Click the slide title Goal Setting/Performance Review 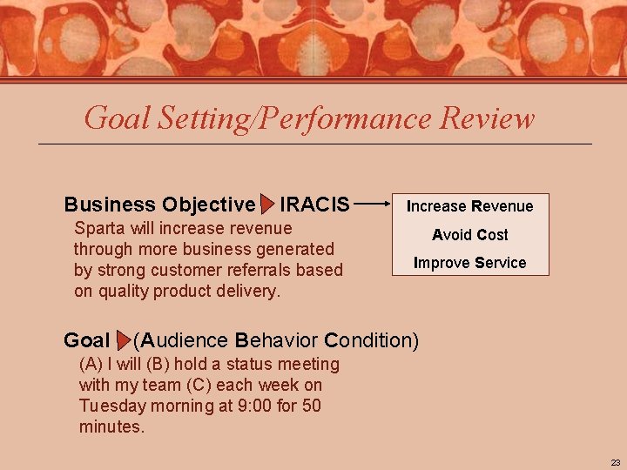tap(309, 117)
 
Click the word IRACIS tap(314, 205)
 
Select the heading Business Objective tap(159, 205)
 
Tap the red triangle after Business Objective tap(267, 205)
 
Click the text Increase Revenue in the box tap(469, 206)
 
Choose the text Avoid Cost tap(469, 235)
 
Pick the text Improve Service tap(469, 263)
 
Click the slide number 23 tap(615, 462)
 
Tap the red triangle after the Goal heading tap(123, 340)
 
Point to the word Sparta tap(99, 229)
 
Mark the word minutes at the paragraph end tap(111, 426)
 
